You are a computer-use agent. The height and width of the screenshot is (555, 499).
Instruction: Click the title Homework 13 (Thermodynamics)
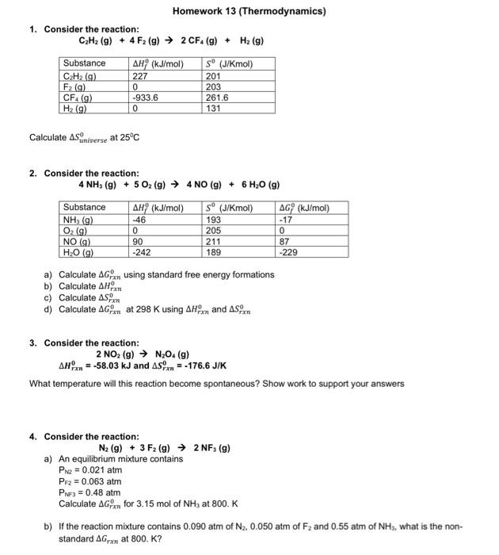point(249,11)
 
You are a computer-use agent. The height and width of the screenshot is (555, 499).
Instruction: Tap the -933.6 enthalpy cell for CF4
point(147,98)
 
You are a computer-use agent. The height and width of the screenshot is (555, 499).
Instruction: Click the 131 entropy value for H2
point(211,109)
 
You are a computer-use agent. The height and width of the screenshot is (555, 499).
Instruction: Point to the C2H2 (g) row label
point(80,76)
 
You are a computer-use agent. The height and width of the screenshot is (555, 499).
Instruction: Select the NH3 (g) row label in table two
point(79,220)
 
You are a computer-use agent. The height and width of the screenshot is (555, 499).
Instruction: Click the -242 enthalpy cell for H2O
point(142,253)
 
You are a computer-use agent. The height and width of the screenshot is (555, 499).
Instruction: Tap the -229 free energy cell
point(288,253)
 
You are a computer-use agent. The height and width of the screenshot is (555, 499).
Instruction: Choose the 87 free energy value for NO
point(284,242)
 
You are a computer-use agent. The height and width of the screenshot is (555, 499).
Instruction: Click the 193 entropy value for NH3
point(212,220)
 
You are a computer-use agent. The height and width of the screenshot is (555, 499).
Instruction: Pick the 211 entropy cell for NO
point(212,242)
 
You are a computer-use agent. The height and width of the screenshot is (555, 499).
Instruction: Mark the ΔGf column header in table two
point(304,208)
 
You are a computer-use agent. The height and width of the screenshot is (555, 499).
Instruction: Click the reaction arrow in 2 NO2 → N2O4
point(148,354)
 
